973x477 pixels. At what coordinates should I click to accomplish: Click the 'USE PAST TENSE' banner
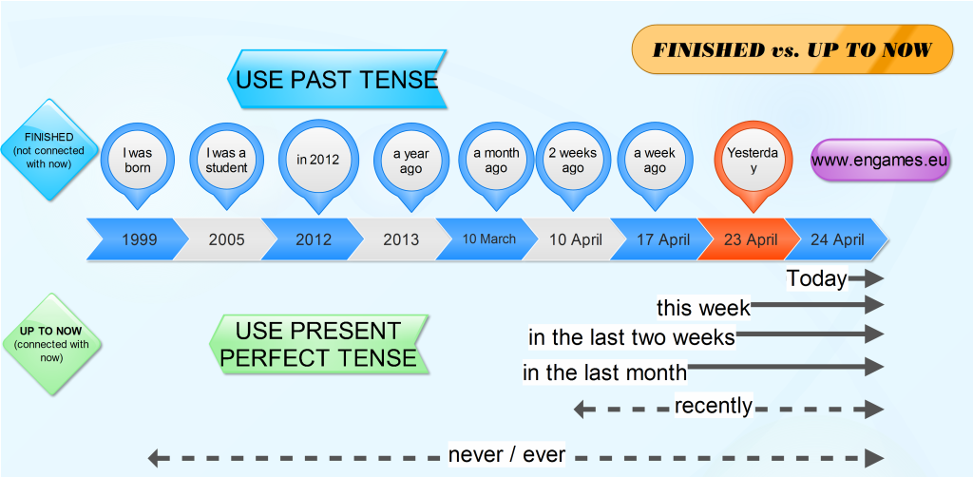point(336,79)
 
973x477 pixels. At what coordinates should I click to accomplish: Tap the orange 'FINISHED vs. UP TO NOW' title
point(792,50)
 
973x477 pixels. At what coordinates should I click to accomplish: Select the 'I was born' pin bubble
point(138,160)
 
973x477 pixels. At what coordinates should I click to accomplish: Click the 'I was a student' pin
point(226,160)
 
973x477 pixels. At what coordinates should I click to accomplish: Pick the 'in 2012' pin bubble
point(316,160)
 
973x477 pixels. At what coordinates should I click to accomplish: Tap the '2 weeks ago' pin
point(572,160)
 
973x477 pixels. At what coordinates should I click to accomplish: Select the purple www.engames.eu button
point(879,160)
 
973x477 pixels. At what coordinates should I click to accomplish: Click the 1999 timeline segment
point(139,239)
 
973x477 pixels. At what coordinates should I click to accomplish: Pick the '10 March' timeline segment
point(488,239)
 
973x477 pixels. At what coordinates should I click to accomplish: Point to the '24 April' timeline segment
point(837,239)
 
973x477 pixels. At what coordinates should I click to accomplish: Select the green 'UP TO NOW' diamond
point(52,344)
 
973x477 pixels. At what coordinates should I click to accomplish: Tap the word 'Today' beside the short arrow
point(816,278)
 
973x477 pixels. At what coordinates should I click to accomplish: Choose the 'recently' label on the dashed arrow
point(714,407)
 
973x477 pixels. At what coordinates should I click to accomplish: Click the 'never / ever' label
point(506,455)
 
